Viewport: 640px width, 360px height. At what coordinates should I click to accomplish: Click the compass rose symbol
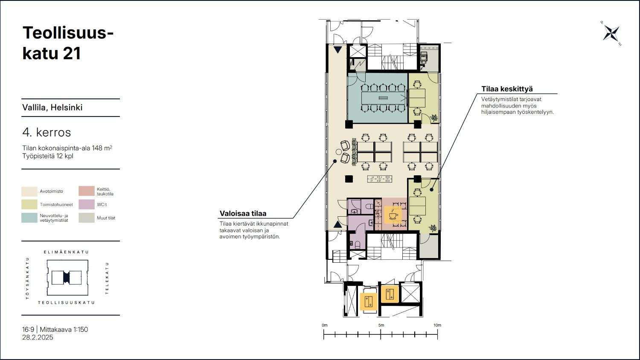point(611,33)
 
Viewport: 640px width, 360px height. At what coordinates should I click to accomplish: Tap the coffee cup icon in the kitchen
point(393,215)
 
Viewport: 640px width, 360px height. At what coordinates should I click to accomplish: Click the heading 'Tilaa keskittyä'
point(507,89)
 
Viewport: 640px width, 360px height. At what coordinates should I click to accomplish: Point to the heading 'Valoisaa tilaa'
point(243,213)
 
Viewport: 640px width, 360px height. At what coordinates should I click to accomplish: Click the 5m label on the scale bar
point(381,325)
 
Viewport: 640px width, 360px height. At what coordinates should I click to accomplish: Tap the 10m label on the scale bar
point(437,325)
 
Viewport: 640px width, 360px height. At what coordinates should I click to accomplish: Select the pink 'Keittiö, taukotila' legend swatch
point(87,191)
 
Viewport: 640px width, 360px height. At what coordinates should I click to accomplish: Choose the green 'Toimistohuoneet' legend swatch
point(29,205)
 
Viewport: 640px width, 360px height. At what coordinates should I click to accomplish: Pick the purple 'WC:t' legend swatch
point(87,205)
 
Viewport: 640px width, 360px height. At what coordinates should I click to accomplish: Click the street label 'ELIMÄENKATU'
point(66,252)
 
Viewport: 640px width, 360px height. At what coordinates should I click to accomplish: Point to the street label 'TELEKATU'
point(107,278)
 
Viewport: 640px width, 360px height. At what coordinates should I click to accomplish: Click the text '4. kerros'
point(47,132)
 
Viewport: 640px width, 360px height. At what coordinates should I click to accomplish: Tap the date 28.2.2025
point(38,337)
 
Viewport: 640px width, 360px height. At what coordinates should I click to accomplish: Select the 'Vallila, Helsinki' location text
point(52,107)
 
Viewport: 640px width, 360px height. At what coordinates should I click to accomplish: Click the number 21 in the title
point(72,53)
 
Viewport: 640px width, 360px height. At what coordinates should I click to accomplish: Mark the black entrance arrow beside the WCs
point(338,224)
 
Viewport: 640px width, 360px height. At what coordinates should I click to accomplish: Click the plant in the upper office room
point(434,118)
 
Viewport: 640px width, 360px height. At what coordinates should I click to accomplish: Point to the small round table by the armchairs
point(339,152)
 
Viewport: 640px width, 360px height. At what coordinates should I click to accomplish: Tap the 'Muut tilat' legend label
point(106,218)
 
